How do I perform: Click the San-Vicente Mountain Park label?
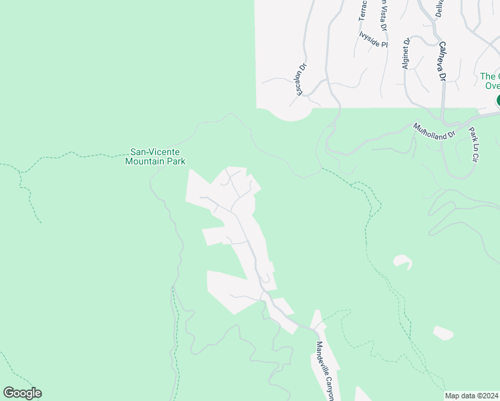(156, 156)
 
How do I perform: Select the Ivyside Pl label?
(374, 39)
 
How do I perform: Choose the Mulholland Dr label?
(434, 130)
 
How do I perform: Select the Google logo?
(22, 393)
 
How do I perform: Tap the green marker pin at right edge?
(498, 100)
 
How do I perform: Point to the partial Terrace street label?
(363, 10)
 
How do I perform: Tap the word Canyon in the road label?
(328, 386)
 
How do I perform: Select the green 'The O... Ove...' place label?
(490, 81)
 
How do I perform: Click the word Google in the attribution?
(22, 393)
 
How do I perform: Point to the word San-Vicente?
(156, 152)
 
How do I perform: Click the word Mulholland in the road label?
(429, 128)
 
